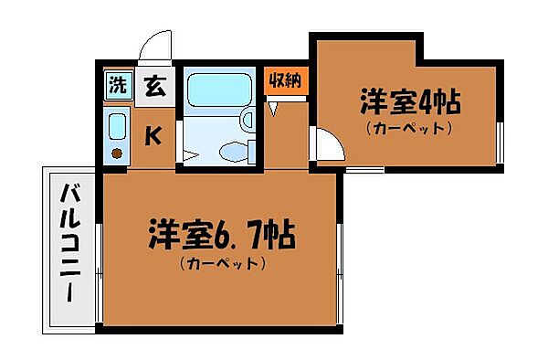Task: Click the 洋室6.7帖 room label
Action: click(x=223, y=237)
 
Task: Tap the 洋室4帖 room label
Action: click(x=410, y=101)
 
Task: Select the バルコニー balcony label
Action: click(x=70, y=247)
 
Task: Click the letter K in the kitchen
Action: click(x=155, y=136)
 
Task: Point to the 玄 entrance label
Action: click(x=156, y=88)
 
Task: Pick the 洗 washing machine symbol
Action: click(x=117, y=87)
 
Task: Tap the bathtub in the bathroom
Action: click(x=211, y=93)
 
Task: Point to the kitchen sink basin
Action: click(x=117, y=125)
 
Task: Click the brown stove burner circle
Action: click(x=117, y=153)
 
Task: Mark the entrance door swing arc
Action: click(x=156, y=46)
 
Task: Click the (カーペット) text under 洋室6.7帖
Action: click(x=223, y=265)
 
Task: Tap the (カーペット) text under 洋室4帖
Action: click(x=410, y=128)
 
